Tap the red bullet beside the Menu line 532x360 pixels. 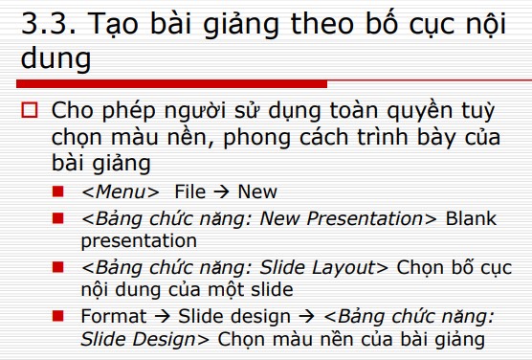pos(59,191)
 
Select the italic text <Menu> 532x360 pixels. pos(120,191)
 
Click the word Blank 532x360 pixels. pos(471,218)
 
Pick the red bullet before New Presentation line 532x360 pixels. pos(59,218)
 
